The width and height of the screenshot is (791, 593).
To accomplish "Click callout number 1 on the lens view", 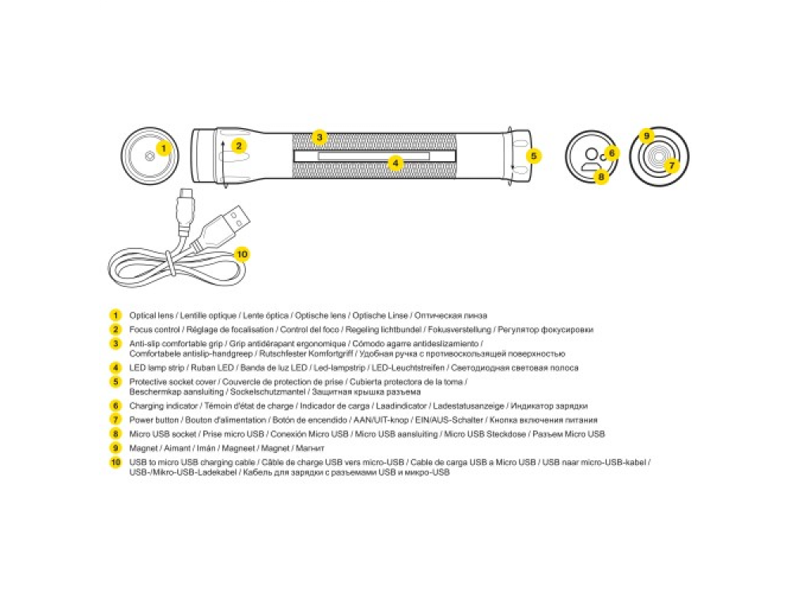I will click(163, 147).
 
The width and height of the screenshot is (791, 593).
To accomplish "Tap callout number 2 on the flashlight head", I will click(239, 145).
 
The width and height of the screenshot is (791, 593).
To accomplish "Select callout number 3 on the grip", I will click(319, 137).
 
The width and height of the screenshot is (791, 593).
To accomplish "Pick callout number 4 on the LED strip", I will click(396, 164).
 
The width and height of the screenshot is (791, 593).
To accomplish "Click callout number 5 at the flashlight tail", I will click(534, 156).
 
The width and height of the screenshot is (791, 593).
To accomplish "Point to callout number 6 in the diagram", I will click(611, 153).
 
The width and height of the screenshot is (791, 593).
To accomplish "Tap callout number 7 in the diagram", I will click(672, 165).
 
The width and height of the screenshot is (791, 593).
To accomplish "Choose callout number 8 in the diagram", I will click(601, 177).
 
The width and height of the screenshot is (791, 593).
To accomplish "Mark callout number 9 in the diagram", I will click(646, 136).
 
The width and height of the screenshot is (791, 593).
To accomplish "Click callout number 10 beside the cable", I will click(242, 254).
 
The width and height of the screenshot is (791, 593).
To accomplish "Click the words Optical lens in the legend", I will click(151, 315).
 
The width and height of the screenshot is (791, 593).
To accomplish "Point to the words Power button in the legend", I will click(154, 420).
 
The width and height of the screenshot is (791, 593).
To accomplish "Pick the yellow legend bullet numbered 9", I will click(115, 448).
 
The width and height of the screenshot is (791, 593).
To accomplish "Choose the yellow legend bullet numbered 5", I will click(115, 382).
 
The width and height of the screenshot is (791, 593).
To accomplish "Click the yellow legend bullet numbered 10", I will click(115, 463).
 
